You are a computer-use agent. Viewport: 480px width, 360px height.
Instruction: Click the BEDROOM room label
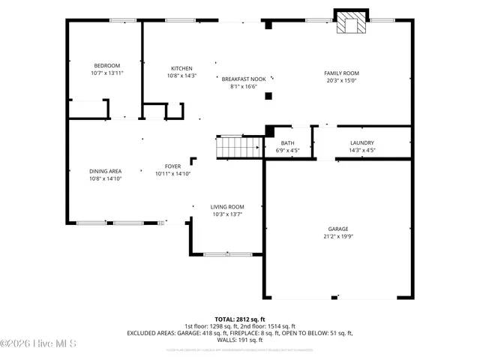pyautogui.click(x=106, y=66)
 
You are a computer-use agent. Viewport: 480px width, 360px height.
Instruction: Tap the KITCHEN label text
pyautogui.click(x=181, y=68)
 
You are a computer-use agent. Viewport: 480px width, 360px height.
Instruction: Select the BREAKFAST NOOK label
pyautogui.click(x=243, y=79)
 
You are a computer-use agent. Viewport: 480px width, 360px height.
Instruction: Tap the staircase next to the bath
pyautogui.click(x=238, y=147)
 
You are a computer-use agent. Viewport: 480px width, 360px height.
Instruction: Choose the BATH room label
pyautogui.click(x=288, y=143)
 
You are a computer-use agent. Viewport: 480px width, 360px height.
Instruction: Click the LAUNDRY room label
pyautogui.click(x=361, y=143)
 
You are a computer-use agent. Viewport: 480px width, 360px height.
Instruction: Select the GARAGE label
pyautogui.click(x=337, y=229)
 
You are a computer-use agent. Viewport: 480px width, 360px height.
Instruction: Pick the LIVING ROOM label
pyautogui.click(x=226, y=207)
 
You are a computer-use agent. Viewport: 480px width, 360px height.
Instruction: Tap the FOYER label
pyautogui.click(x=172, y=166)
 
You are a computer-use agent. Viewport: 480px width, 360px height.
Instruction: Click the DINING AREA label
pyautogui.click(x=105, y=172)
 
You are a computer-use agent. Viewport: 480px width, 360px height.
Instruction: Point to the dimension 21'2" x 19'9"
pyautogui.click(x=337, y=236)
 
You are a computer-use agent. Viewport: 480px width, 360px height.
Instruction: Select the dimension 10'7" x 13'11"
pyautogui.click(x=106, y=73)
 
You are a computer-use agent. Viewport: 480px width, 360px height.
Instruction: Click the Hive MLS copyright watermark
pyautogui.click(x=39, y=344)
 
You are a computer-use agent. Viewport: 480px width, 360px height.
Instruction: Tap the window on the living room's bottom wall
pyautogui.click(x=227, y=254)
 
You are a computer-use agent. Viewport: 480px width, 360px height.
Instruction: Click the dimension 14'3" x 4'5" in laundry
pyautogui.click(x=361, y=150)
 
